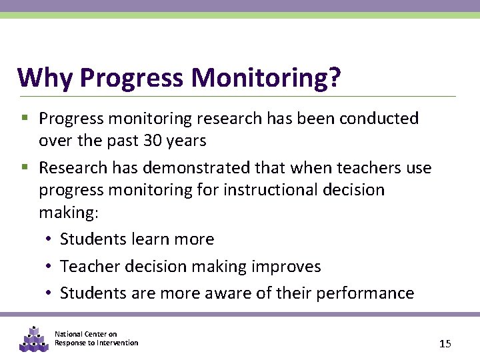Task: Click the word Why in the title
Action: click(x=46, y=78)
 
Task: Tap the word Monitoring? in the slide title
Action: click(x=266, y=78)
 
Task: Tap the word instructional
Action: click(x=270, y=190)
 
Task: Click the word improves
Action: click(x=286, y=267)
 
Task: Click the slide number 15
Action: click(x=445, y=344)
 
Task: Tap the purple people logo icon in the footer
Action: click(x=32, y=339)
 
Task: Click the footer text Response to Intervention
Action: click(x=96, y=343)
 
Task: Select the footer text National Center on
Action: click(x=85, y=334)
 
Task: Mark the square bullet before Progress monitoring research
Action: click(x=25, y=119)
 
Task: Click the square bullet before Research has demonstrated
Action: click(x=25, y=168)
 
